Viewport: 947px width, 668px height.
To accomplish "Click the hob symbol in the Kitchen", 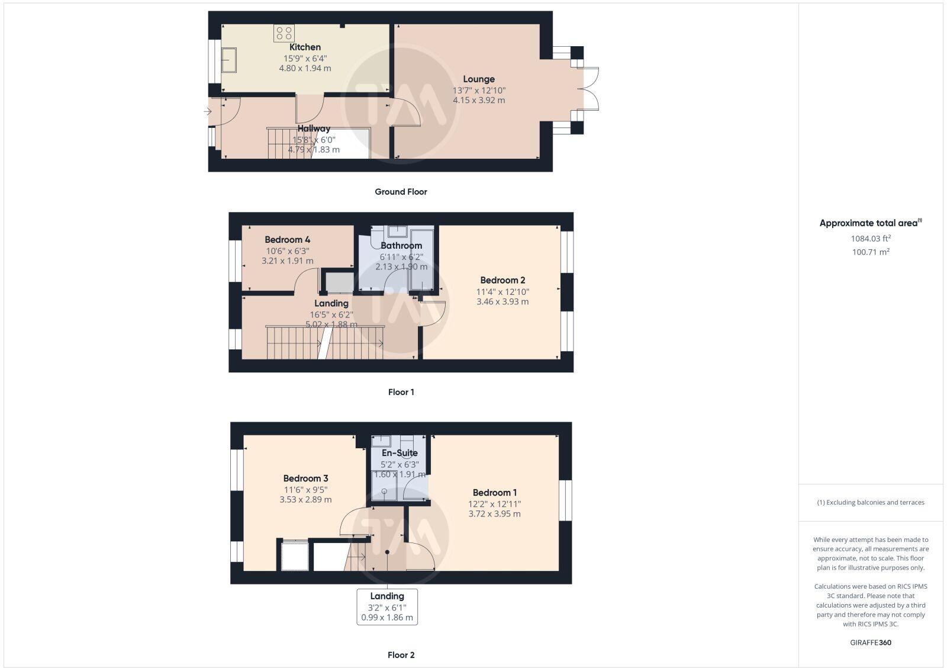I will pos(284,33).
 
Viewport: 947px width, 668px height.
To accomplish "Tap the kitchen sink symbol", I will pos(229,60).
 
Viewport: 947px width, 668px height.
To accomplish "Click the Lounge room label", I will pos(479,79).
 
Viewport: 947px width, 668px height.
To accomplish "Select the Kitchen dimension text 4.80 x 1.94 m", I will pos(305,68).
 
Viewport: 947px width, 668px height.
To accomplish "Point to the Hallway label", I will pos(314,128).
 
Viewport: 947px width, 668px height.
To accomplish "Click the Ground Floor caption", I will pos(401,192).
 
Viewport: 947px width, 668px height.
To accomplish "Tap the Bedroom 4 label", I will pos(287,240).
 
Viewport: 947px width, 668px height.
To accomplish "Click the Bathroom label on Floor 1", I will pos(401,245).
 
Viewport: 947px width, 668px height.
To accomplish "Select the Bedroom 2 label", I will pos(503,280).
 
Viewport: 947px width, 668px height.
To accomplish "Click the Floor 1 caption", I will pos(401,392).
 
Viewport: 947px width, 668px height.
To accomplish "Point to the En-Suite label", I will pos(400,453).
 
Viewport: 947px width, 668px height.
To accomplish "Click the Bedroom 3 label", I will pos(305,478).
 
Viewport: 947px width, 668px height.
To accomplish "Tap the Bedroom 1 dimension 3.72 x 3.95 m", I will pos(494,514).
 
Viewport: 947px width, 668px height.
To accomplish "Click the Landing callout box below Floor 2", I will pos(387,606).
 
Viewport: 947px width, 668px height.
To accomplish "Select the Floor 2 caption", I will pos(401,655).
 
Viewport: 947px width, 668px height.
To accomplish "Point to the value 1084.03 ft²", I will pos(871,239).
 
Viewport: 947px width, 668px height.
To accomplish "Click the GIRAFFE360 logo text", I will pos(870,643).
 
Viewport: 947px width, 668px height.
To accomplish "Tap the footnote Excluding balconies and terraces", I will pos(871,502).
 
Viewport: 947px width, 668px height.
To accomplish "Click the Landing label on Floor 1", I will pos(331,303).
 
